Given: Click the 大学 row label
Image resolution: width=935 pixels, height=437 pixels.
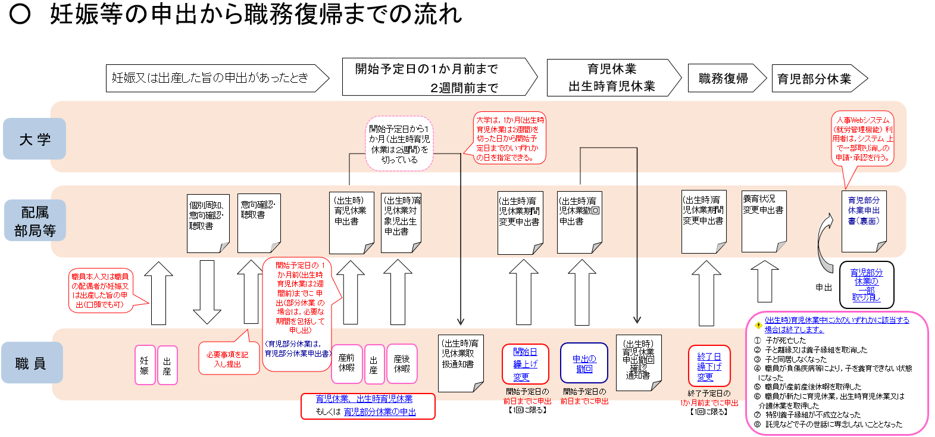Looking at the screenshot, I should (x=35, y=139).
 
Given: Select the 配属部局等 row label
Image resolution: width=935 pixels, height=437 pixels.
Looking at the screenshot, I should (x=35, y=221).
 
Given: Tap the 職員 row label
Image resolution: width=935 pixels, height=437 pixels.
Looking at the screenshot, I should (x=31, y=363).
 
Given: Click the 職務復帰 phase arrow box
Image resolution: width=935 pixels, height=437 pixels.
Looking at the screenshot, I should (x=724, y=79).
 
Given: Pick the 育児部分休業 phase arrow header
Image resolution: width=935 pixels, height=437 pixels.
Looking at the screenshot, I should (x=815, y=79).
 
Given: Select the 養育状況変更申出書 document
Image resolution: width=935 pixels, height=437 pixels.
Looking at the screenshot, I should (x=764, y=221).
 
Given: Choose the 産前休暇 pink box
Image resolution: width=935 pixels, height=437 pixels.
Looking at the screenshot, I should (x=346, y=363).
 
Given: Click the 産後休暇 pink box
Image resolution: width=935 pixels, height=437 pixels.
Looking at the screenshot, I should (x=402, y=363).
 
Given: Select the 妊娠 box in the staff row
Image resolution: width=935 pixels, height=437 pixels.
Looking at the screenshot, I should (x=145, y=364).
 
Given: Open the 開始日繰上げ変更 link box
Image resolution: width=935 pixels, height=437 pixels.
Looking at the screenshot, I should (x=525, y=363).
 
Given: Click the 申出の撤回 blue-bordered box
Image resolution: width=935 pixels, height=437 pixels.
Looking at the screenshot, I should (x=584, y=363).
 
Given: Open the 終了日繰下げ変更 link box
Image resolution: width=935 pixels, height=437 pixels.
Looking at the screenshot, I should (x=709, y=366).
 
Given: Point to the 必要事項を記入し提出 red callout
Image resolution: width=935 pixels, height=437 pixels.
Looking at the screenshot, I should (x=228, y=358).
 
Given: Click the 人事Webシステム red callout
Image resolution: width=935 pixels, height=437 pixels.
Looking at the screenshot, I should (x=862, y=139).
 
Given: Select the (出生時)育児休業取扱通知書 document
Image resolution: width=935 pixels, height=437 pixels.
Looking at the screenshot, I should (x=460, y=363).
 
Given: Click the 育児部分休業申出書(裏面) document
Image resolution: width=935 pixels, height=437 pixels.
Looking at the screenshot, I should (x=864, y=221).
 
